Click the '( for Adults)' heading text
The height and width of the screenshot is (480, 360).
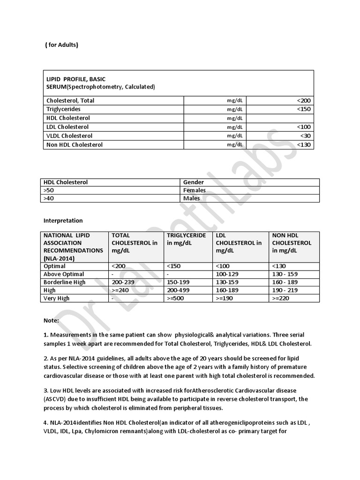(61, 45)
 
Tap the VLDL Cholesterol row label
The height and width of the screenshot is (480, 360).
(69, 135)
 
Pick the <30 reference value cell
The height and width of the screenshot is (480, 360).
(305, 135)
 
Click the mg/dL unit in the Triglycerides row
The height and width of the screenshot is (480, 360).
(235, 109)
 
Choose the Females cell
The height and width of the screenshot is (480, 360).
(195, 190)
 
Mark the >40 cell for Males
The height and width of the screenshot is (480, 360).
(48, 198)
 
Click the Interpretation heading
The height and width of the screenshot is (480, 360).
(63, 220)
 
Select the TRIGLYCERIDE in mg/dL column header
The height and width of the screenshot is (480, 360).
(186, 239)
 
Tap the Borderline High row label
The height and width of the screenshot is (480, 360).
(64, 282)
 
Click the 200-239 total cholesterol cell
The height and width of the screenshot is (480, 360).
(122, 282)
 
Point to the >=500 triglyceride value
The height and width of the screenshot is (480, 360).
(176, 298)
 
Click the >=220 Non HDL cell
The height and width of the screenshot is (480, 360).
(281, 298)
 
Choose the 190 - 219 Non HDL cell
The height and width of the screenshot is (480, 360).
(285, 290)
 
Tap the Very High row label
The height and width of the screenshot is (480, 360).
(56, 298)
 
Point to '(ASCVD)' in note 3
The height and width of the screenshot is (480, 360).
(56, 399)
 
